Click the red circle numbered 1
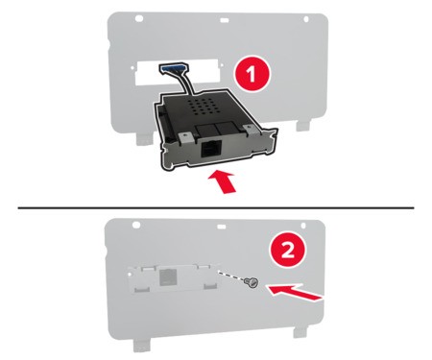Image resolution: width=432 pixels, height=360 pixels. pyautogui.click(x=252, y=75)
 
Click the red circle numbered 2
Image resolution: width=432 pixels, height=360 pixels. pyautogui.click(x=287, y=252)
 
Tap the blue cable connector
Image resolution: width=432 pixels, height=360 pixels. pyautogui.click(x=173, y=68)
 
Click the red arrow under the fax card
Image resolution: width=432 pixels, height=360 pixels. pyautogui.click(x=225, y=181)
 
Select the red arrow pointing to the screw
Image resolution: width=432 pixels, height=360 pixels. pyautogui.click(x=296, y=292)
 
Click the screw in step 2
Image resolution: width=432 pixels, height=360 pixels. pyautogui.click(x=252, y=282)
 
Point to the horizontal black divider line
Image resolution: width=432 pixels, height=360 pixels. pyautogui.click(x=216, y=208)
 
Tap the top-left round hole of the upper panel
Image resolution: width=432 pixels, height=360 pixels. pyautogui.click(x=139, y=18)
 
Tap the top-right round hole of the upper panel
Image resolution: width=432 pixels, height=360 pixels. pyautogui.click(x=305, y=19)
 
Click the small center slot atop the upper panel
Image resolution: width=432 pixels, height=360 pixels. pyautogui.click(x=225, y=20)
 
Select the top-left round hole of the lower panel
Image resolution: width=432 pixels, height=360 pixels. pyautogui.click(x=136, y=225)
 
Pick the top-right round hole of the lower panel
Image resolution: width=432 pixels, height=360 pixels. pyautogui.click(x=303, y=226)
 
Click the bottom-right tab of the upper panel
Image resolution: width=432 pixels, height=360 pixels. pyautogui.click(x=302, y=125)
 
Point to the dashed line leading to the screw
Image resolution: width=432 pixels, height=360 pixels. pyautogui.click(x=230, y=276)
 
